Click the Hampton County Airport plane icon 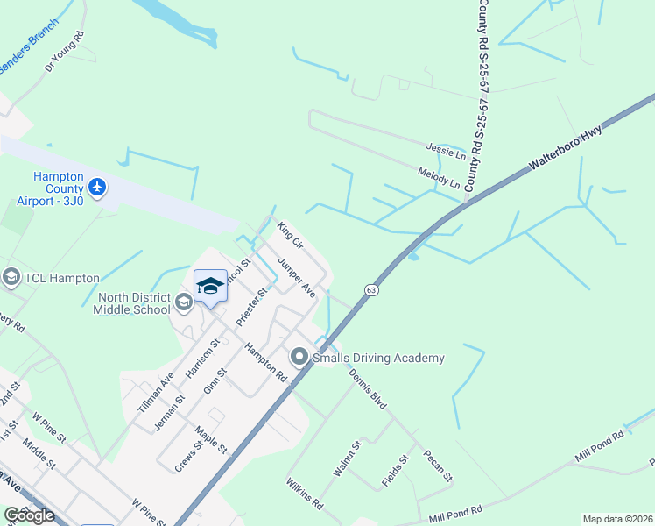point(96,188)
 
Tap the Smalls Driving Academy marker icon point(299,357)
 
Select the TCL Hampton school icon point(11,278)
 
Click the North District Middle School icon point(184,303)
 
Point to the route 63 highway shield point(371,289)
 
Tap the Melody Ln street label point(439,178)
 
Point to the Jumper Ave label point(296,276)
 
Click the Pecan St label point(437,466)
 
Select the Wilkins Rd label point(305,494)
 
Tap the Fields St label point(396,471)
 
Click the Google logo point(29,515)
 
